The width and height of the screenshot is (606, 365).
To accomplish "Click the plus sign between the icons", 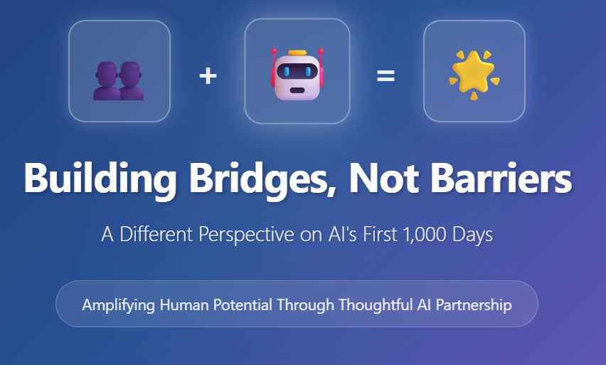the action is pos(208,76).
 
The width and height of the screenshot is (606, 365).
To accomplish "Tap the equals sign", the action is pos(386,76).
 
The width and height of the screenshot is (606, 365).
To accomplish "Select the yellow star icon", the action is pos(474,74).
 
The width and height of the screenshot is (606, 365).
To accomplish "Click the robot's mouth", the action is pos(297,90).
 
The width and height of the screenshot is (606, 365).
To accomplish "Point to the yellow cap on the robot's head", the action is pos(297,53).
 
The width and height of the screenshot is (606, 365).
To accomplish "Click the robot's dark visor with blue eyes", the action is pos(297,72).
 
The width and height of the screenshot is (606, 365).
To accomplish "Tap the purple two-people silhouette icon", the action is pos(119,81).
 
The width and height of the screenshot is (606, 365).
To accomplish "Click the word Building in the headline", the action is pos(100,179).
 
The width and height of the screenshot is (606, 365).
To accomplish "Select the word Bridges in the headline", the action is pos(262,179).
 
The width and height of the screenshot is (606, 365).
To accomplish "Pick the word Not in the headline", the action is pos(384,178).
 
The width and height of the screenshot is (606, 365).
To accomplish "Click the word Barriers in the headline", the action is pos(501,178).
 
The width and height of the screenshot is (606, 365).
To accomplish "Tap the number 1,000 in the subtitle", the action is pos(425,234).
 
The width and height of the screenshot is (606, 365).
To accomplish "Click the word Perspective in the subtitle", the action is pos(246,235).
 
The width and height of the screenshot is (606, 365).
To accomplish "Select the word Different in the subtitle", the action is pos(156,234).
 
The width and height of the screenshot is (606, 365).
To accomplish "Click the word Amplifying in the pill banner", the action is pos(118,305).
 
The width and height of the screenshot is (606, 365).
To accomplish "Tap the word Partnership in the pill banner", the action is pos(474,305).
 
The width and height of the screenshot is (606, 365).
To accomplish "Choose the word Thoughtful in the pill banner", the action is pos(376,305).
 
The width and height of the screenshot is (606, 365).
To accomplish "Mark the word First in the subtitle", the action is pos(381,234).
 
